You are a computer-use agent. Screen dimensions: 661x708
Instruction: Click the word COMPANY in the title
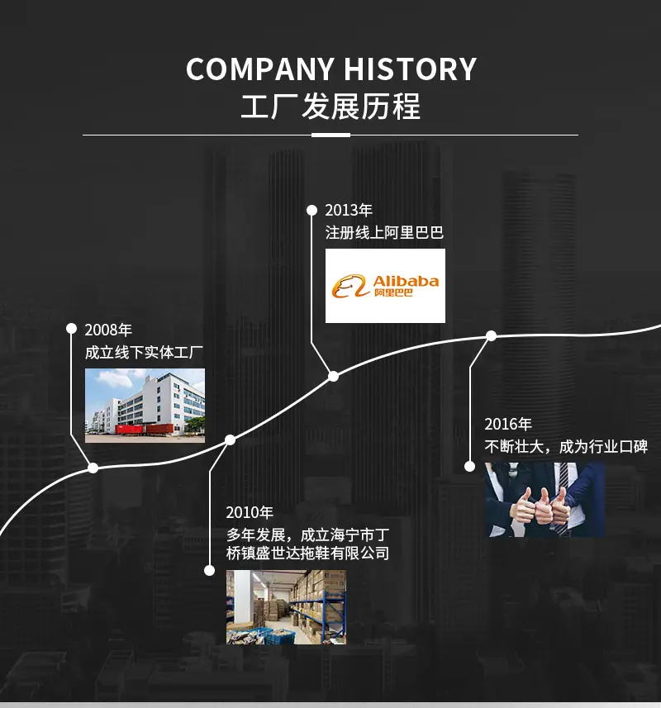click(260, 69)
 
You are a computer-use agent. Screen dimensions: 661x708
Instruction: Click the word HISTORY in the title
click(410, 69)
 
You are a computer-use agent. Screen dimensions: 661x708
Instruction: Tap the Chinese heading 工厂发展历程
click(330, 107)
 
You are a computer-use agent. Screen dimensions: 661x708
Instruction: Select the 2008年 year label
click(108, 330)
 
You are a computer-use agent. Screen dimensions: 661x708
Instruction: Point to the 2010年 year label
click(250, 512)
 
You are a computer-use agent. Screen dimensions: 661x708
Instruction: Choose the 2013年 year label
click(349, 210)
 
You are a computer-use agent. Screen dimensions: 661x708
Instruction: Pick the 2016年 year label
click(508, 424)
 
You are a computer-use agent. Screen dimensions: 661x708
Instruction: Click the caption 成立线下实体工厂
click(144, 352)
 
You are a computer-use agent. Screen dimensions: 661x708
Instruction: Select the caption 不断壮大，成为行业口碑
click(566, 447)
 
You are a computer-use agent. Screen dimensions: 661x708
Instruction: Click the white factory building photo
click(145, 406)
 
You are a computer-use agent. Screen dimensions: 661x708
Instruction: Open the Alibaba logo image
click(385, 286)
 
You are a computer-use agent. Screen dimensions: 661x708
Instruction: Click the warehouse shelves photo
click(286, 607)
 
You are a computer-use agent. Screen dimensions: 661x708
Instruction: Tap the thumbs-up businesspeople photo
click(545, 499)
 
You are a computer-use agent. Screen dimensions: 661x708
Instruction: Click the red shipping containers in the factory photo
click(145, 429)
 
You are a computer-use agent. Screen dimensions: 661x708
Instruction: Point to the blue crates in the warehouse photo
click(271, 634)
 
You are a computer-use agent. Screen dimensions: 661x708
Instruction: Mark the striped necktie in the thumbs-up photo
click(564, 497)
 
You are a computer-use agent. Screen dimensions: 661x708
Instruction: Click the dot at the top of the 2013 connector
click(311, 210)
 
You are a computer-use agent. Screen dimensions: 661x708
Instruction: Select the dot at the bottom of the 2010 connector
click(209, 570)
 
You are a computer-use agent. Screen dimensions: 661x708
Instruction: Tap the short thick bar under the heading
click(331, 135)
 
